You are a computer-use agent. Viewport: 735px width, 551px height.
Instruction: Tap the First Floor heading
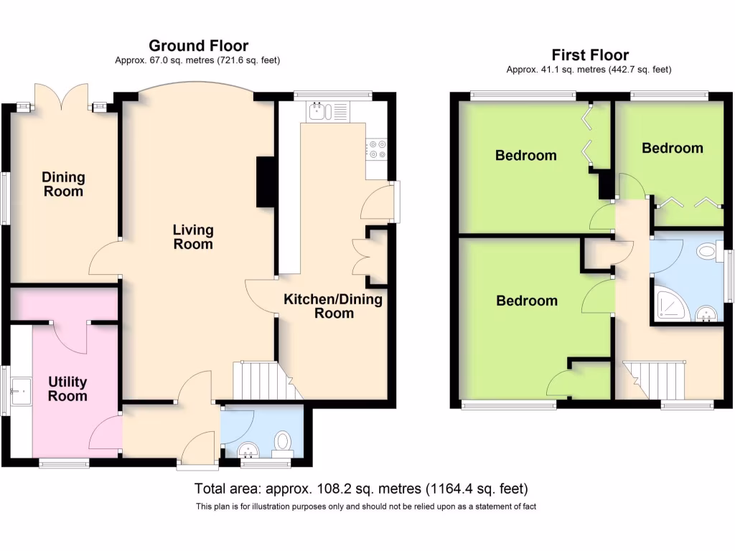point(589,55)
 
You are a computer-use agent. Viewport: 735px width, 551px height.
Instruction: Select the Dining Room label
point(63,184)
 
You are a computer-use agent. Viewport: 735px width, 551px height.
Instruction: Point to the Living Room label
point(193,237)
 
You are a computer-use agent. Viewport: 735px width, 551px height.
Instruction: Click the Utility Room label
point(67,389)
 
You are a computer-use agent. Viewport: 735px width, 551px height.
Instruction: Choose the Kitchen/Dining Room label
point(333,306)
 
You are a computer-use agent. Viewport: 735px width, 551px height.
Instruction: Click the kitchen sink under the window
point(319,111)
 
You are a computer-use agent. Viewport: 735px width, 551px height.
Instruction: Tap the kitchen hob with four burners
point(377,149)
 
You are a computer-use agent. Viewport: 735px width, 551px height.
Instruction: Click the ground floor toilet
point(282,442)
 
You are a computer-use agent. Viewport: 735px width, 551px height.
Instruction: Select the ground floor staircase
point(263,380)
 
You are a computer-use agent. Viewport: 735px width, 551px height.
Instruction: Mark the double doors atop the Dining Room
point(61,95)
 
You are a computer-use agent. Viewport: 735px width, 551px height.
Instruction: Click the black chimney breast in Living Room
point(264,182)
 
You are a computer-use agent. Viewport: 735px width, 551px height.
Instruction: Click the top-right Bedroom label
point(672,148)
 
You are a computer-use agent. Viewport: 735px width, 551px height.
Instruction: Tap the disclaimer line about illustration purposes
point(366,507)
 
